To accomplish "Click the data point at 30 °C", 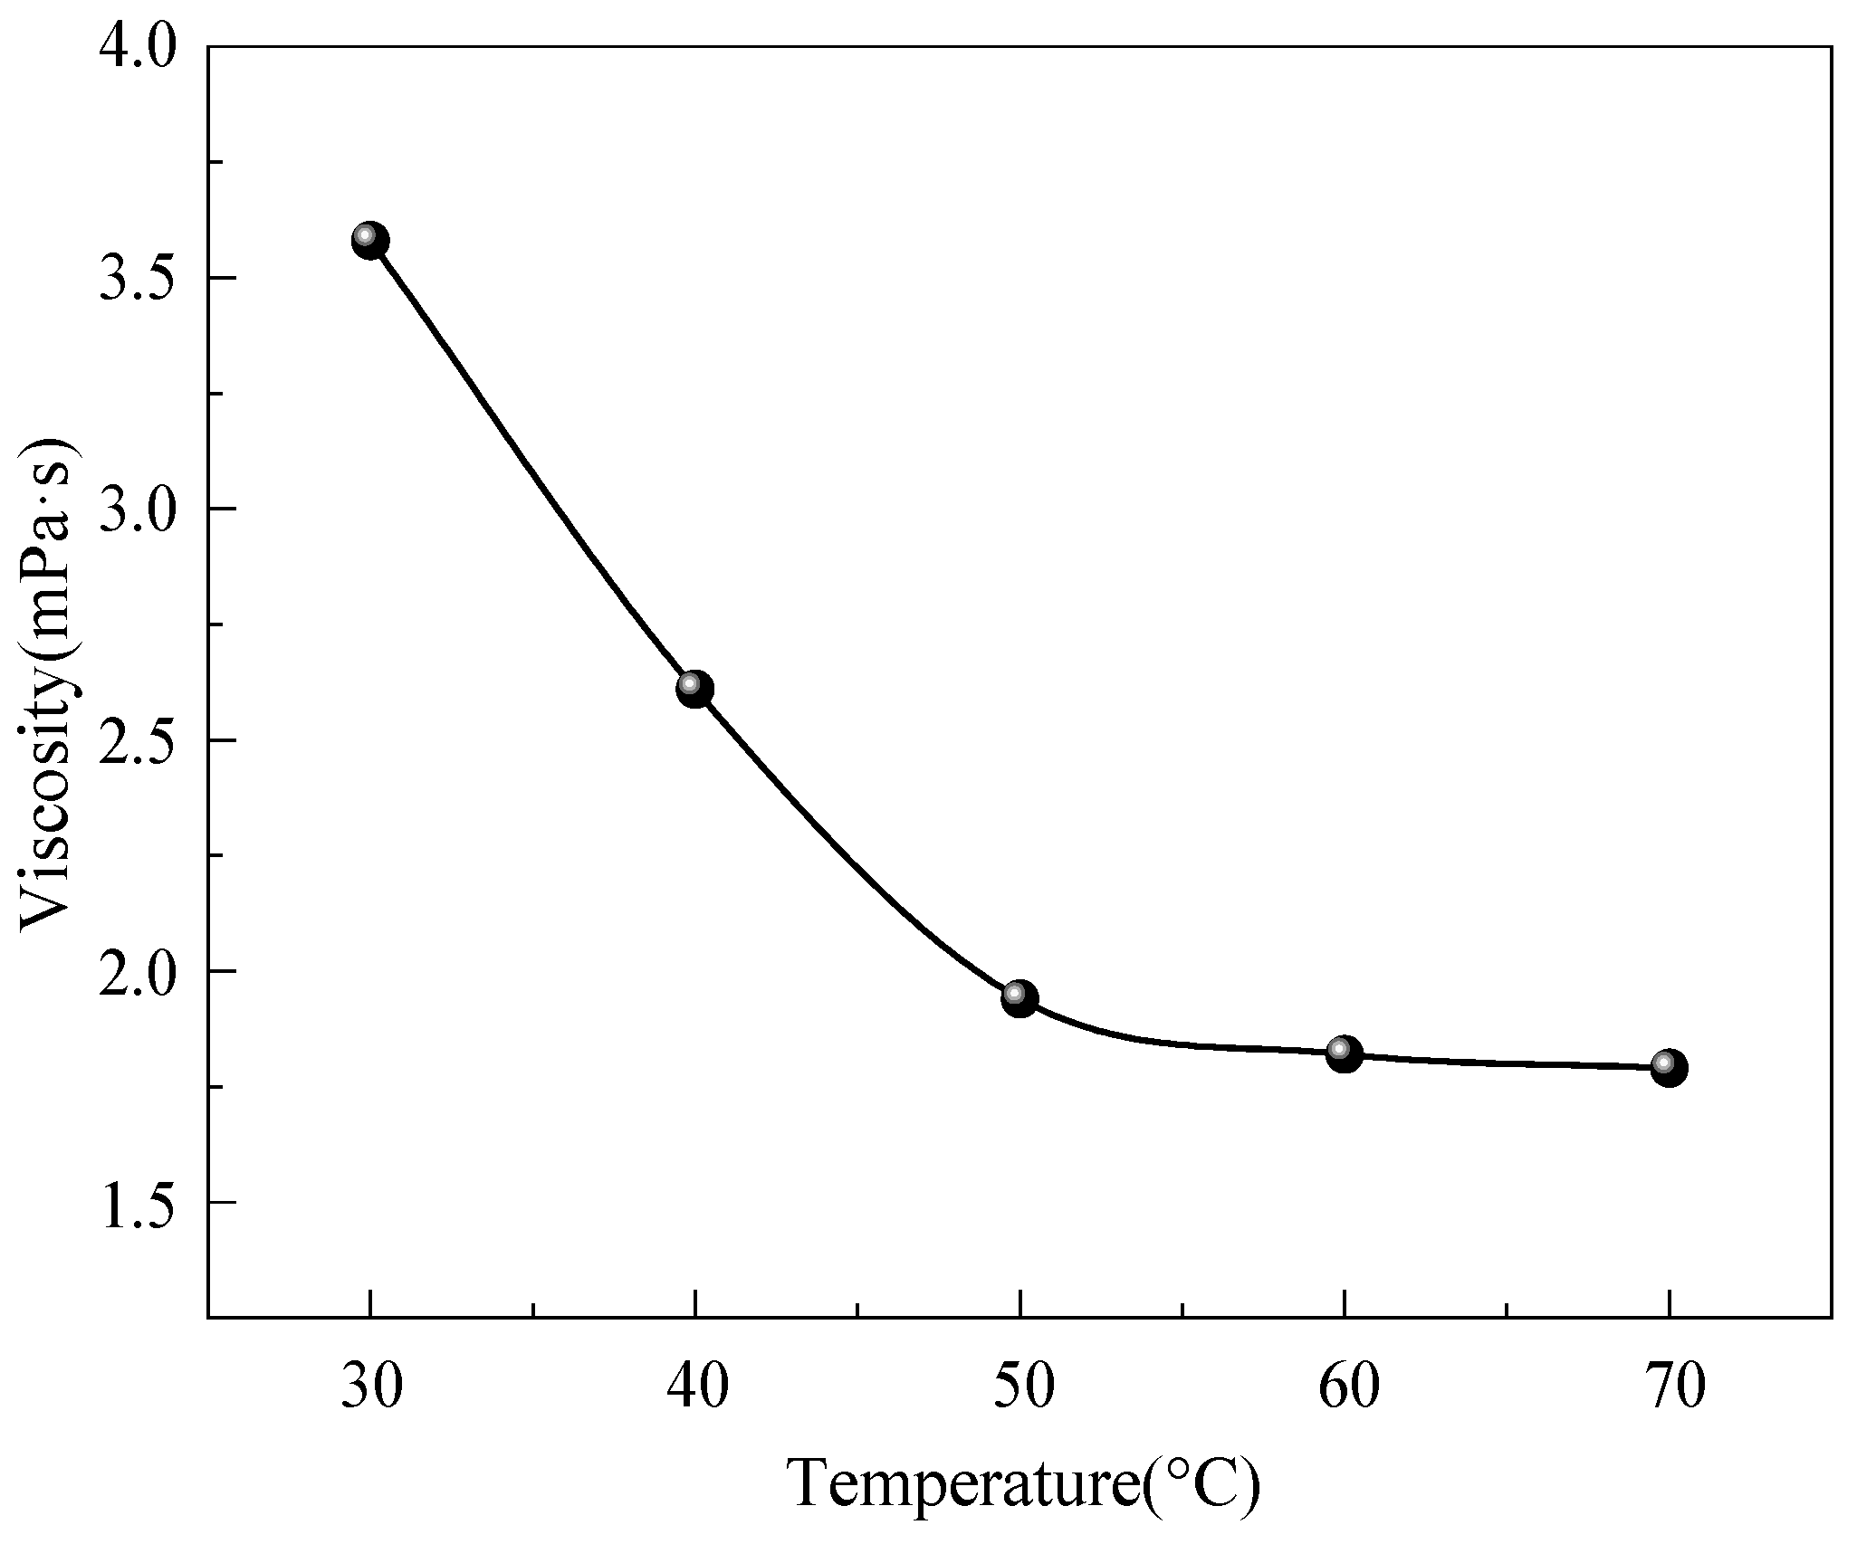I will click(x=369, y=241).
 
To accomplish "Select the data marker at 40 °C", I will click(x=694, y=690).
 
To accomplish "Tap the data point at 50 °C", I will click(x=1019, y=998).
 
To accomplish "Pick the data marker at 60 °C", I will click(x=1345, y=1054).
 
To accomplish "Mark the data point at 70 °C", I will click(x=1669, y=1068).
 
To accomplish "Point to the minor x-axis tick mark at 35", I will click(x=532, y=1310).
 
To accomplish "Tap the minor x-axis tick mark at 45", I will click(x=857, y=1310).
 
